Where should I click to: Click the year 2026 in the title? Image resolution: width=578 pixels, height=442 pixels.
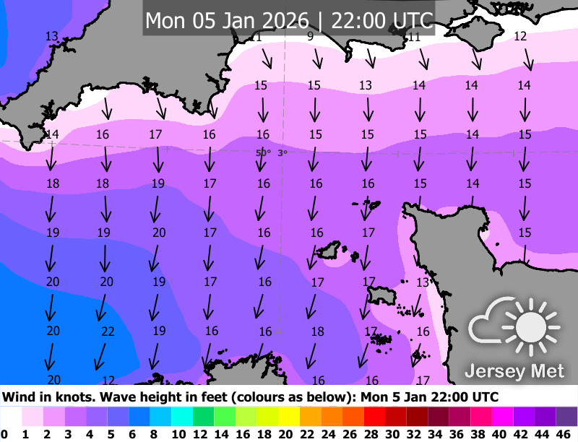[284, 19]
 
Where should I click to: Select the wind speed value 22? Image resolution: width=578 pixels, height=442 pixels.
[108, 331]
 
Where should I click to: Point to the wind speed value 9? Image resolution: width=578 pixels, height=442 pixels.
[310, 36]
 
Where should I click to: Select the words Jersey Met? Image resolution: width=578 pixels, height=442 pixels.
[514, 371]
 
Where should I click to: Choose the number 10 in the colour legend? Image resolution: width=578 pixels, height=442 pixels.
[178, 433]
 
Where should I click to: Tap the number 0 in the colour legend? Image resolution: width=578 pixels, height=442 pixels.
[5, 433]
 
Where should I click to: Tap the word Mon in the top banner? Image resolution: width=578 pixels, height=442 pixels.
[165, 19]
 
